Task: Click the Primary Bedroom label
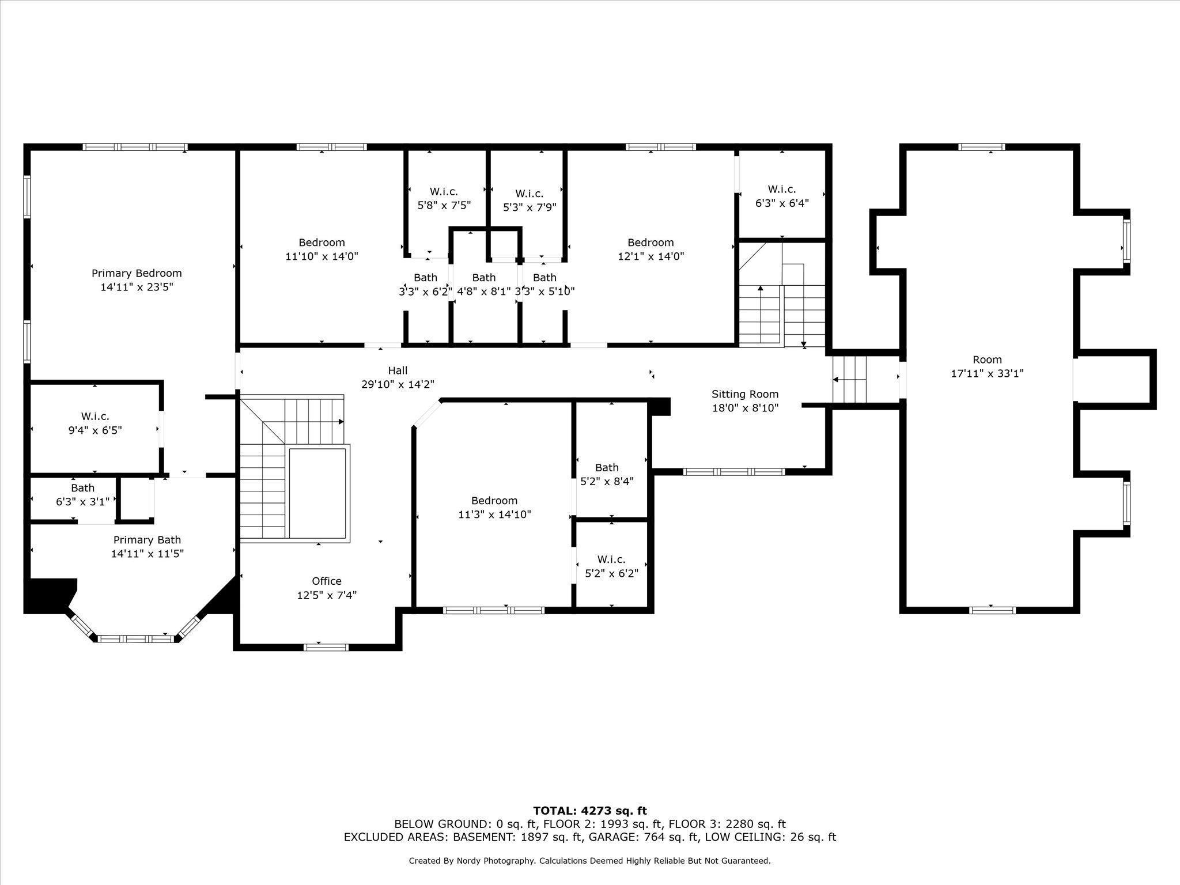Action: click(x=137, y=273)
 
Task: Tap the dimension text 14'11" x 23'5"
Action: click(x=137, y=287)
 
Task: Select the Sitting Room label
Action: click(x=744, y=394)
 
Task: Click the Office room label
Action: click(x=327, y=581)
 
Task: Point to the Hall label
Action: click(x=398, y=370)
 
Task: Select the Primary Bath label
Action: click(x=147, y=540)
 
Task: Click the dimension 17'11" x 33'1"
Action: click(x=987, y=373)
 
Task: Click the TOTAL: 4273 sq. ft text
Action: click(x=589, y=811)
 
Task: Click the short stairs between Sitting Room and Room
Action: click(x=850, y=379)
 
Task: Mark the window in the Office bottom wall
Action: click(x=326, y=647)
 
